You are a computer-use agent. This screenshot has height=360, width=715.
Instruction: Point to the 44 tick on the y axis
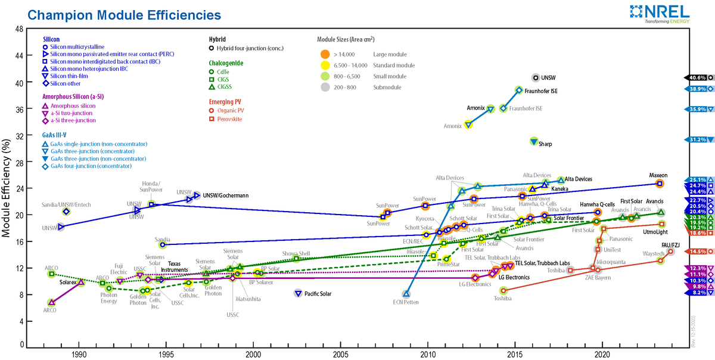coord(20,56)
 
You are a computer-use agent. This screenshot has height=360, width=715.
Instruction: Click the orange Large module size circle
coord(325,55)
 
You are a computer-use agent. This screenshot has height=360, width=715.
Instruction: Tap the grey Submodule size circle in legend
coord(325,87)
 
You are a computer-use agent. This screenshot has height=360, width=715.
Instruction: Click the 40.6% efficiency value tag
coord(696,77)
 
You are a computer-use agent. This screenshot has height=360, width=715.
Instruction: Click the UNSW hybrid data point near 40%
coord(535,77)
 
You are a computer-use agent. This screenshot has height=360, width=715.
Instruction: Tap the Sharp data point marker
coord(534,141)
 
